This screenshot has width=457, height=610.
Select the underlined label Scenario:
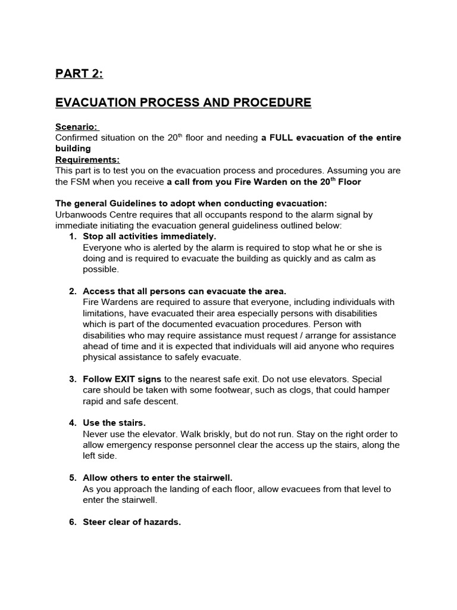[x=77, y=127]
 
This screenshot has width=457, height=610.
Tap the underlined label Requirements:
[x=87, y=160]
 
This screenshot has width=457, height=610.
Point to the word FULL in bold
[x=282, y=138]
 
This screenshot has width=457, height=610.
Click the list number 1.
[x=73, y=236]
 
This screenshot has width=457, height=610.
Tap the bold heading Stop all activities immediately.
[x=149, y=236]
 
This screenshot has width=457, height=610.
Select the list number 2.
[x=73, y=291]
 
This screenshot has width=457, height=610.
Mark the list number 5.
[x=73, y=478]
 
